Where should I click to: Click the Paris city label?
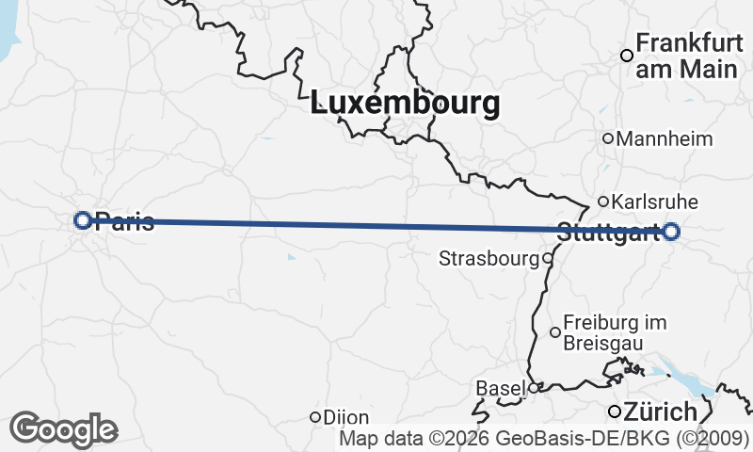coord(125,221)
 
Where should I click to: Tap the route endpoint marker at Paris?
coord(83,220)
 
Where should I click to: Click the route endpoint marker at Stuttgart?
coord(671,232)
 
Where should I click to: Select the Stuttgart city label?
coord(608,233)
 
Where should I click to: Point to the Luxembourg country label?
coord(405,104)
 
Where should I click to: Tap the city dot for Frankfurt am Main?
coord(626,56)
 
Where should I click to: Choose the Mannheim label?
coord(665,139)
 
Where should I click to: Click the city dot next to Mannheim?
coord(608,138)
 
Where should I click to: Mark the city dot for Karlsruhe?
coord(603,201)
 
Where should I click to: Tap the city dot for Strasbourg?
coord(547,257)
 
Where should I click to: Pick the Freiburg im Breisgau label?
coord(615,332)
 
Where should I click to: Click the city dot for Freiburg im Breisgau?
coord(555,331)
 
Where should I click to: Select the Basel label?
coord(501,388)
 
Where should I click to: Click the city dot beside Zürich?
coord(614,412)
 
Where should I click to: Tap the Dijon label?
coord(346,417)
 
